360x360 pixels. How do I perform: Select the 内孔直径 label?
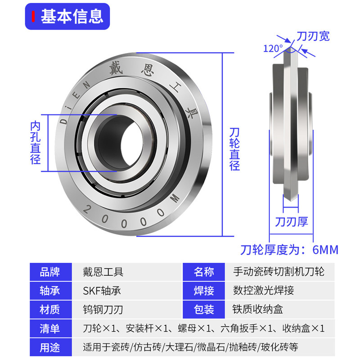[x=35, y=142]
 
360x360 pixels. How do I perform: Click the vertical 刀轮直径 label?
[x=234, y=148]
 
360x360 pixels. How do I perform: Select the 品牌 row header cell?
[x=49, y=272]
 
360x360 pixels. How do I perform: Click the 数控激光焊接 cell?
[x=263, y=291]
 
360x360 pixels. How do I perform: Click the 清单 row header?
[x=49, y=328]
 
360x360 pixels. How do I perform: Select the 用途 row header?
[x=49, y=347]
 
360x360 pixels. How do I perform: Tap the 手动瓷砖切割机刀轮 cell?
[x=279, y=272]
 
